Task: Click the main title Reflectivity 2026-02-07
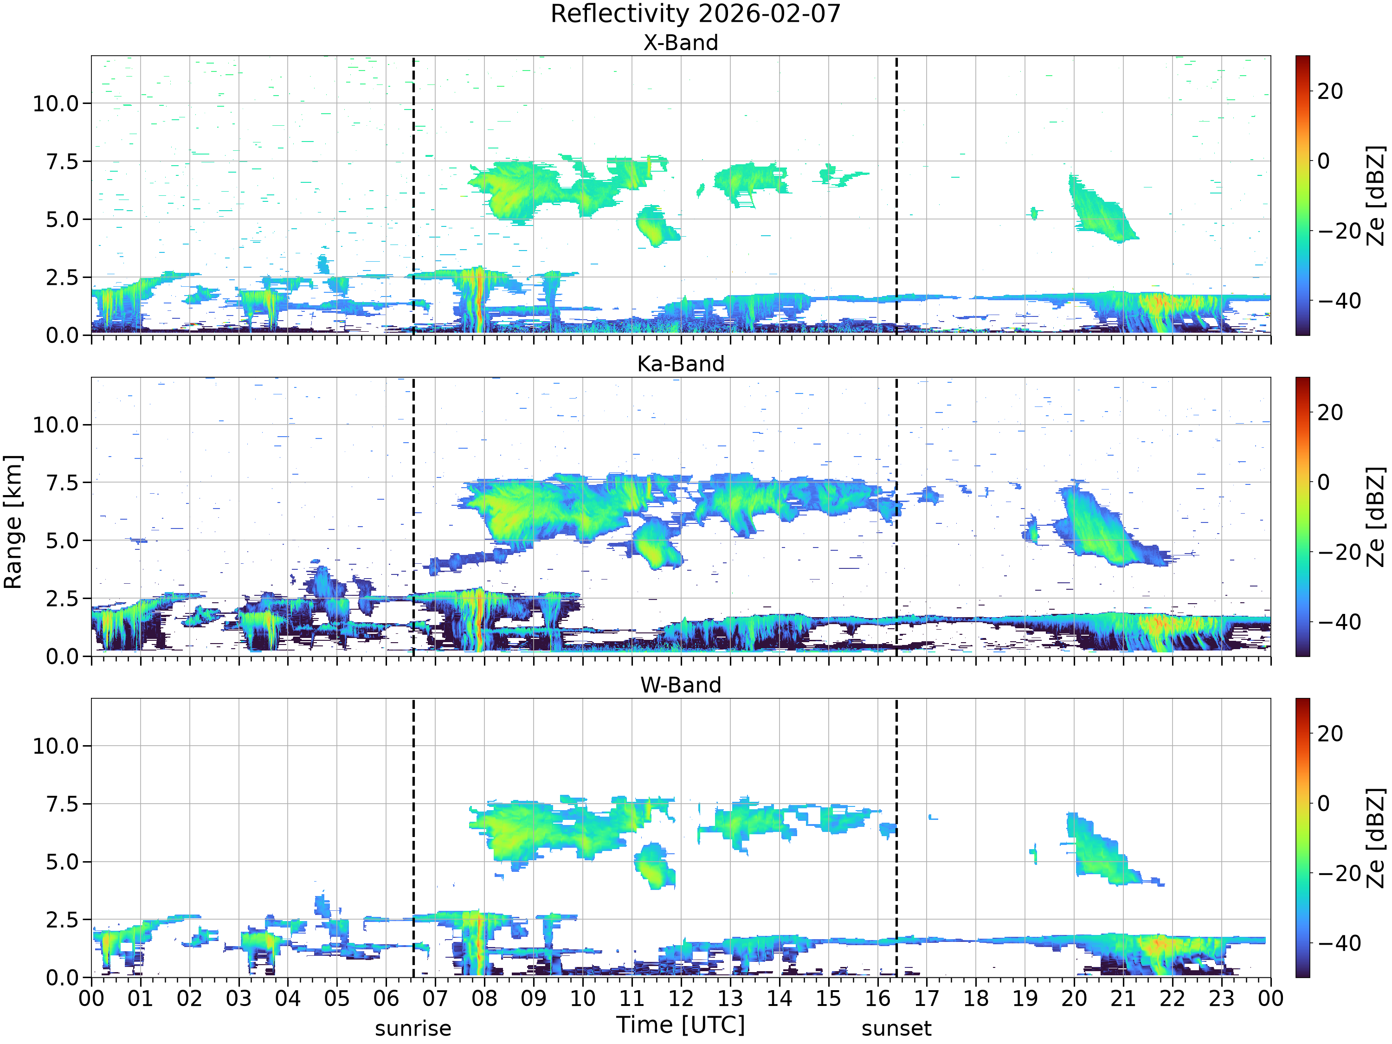pos(696,14)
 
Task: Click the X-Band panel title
pos(680,43)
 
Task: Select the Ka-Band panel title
pos(680,364)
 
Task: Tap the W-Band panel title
pos(680,685)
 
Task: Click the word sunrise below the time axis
pos(413,1029)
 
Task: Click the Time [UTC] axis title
pos(680,1025)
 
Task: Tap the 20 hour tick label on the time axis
pos(1074,999)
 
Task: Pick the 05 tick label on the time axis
pos(337,999)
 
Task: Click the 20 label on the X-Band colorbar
pos(1330,91)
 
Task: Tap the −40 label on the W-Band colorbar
pos(1339,943)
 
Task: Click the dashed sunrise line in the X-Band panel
pos(413,195)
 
